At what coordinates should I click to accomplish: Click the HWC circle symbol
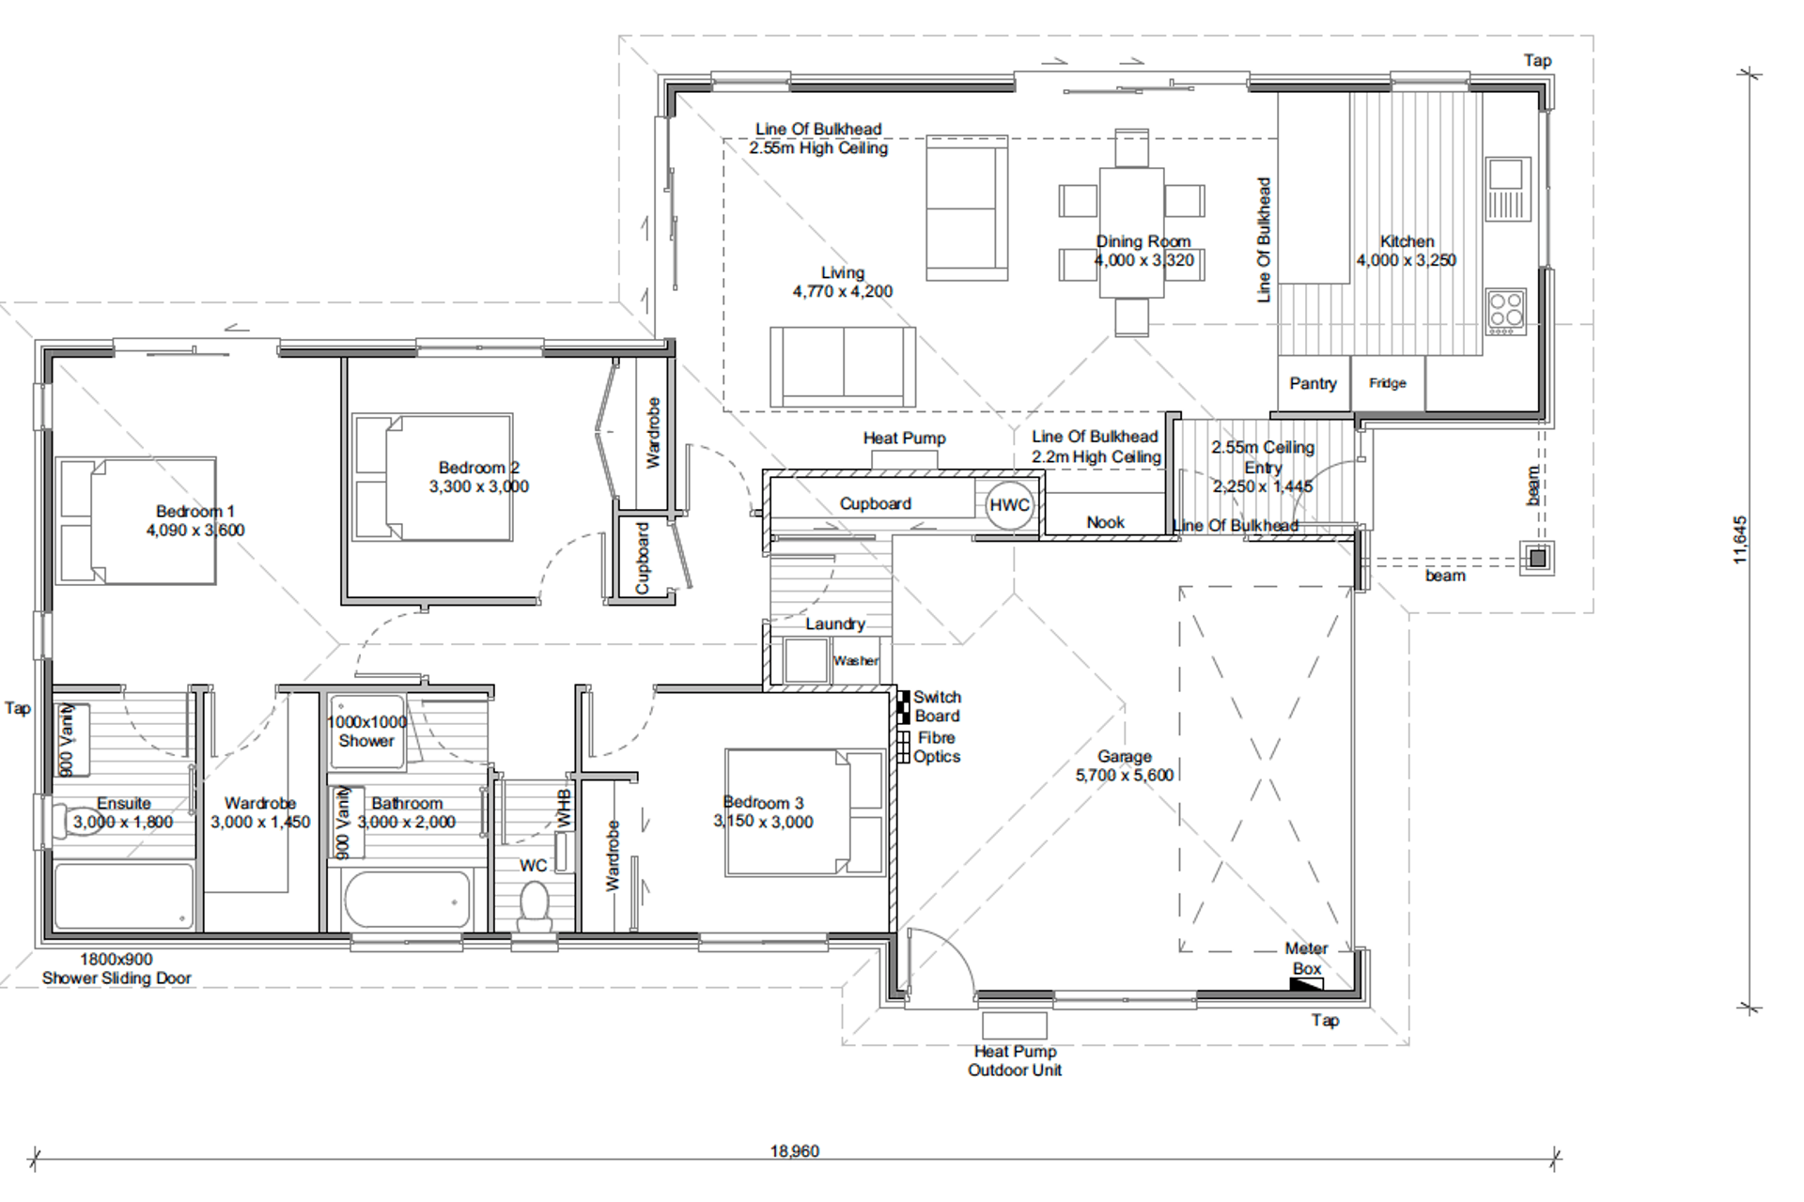[x=1009, y=504]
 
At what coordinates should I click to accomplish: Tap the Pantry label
[x=1313, y=383]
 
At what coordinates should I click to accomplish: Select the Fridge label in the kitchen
[x=1387, y=383]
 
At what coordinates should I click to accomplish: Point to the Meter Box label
[x=1306, y=958]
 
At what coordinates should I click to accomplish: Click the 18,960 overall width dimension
[x=795, y=1151]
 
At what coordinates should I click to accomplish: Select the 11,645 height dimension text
[x=1740, y=540]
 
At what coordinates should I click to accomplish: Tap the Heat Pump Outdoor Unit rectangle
[x=1014, y=1025]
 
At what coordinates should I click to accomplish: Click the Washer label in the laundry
[x=856, y=661]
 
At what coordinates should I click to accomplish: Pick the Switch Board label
[x=937, y=706]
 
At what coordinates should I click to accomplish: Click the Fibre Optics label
[x=937, y=747]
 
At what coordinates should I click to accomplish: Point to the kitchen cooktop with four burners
[x=1506, y=312]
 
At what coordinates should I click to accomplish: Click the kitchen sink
[x=1507, y=188]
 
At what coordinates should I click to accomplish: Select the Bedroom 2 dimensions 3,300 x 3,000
[x=479, y=486]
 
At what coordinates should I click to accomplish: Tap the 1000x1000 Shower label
[x=366, y=732]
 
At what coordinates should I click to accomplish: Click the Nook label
[x=1105, y=522]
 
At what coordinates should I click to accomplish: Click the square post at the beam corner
[x=1537, y=559]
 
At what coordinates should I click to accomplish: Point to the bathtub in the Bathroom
[x=408, y=900]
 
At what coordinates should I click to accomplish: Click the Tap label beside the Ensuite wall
[x=18, y=708]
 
